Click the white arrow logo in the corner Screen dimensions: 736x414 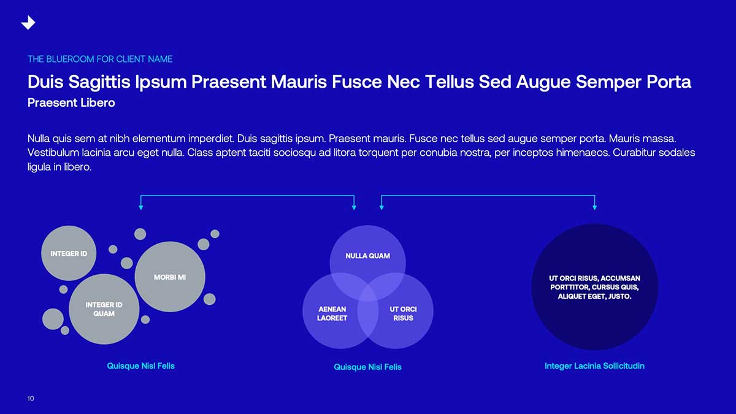tap(28, 22)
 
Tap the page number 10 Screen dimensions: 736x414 tap(31, 399)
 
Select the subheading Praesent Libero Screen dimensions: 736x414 tap(71, 103)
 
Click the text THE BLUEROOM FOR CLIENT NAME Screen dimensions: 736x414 tap(100, 59)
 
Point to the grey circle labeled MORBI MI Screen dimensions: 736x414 tap(170, 277)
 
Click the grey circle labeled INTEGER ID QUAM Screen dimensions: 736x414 tap(104, 309)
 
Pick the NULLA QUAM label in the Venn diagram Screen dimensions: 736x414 tap(367, 256)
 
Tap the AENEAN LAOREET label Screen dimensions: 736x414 tap(332, 314)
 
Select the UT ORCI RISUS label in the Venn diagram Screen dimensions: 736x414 tap(403, 314)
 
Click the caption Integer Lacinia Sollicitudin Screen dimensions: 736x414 tap(594, 366)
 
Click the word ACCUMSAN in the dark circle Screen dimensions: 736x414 tap(620, 278)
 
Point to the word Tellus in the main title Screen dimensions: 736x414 tap(450, 82)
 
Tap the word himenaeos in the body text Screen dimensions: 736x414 tap(582, 153)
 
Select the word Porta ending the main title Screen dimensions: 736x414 tap(669, 82)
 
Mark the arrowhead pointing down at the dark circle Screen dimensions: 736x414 tap(595, 208)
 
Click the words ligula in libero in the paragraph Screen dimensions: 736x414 tap(59, 167)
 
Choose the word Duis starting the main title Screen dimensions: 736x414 tap(45, 82)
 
